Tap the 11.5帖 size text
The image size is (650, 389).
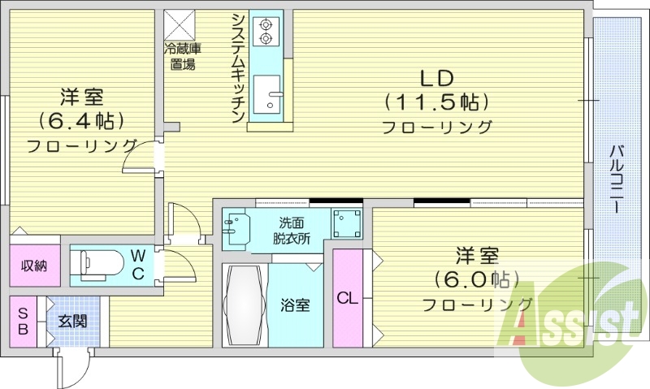pos(436,102)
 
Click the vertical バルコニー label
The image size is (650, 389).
pos(617,179)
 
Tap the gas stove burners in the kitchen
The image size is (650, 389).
pos(265,31)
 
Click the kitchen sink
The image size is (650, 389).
pos(266,96)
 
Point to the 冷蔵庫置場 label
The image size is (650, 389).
pos(184,57)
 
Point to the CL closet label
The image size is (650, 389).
pos(347,297)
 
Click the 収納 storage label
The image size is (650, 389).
pos(35,266)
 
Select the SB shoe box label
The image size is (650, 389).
pos(23,321)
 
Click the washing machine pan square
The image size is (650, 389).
pos(347,223)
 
